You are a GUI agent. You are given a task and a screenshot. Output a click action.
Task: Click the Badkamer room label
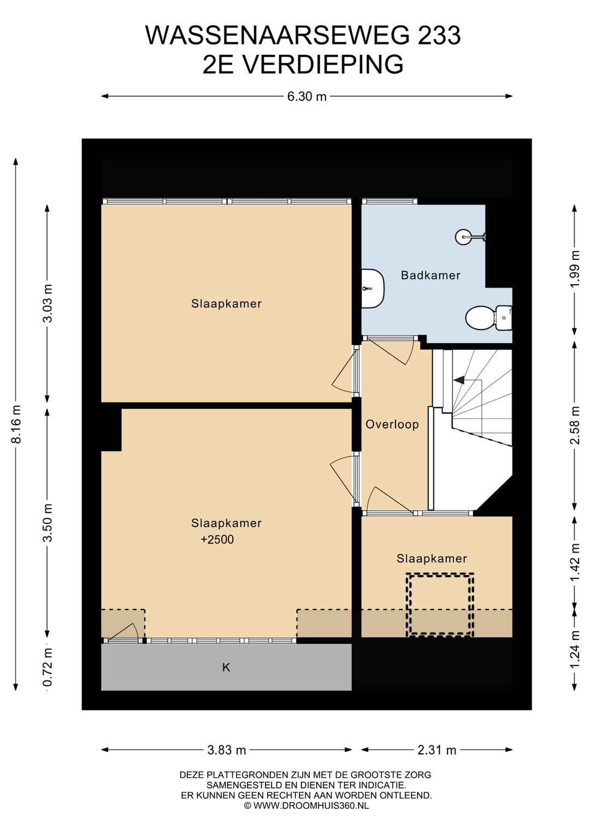(x=430, y=275)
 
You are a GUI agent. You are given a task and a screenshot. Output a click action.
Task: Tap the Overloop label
(x=392, y=424)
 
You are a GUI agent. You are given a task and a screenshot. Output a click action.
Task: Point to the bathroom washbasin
(x=373, y=288)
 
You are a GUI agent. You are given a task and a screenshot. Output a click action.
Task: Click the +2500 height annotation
(x=217, y=539)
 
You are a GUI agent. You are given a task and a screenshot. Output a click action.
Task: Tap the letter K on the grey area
(x=226, y=667)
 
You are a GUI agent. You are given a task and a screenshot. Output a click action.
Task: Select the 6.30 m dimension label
(x=306, y=97)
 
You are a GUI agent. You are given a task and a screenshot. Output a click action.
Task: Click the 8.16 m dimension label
(x=16, y=424)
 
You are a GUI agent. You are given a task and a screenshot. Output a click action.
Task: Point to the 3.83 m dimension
(x=226, y=750)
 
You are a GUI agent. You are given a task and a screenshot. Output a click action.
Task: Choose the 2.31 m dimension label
(x=436, y=750)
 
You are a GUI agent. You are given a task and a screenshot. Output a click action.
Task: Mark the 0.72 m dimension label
(x=48, y=667)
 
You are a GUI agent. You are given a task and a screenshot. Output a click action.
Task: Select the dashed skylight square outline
(x=440, y=604)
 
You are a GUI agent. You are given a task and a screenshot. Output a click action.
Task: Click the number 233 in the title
(x=439, y=36)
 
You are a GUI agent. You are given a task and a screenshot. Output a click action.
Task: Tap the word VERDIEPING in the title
(x=323, y=64)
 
